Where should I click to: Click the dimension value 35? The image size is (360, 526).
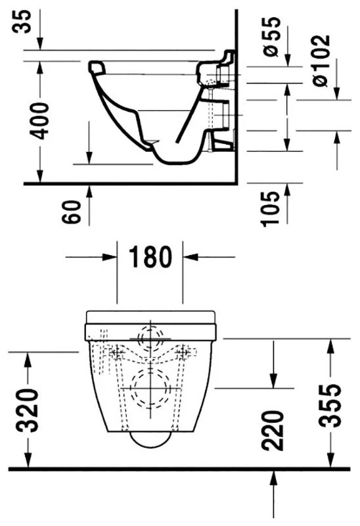[x=22, y=22]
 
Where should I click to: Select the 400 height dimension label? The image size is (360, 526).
[x=39, y=121]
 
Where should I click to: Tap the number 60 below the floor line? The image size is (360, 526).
[x=72, y=212]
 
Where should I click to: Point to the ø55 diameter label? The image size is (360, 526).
[x=271, y=37]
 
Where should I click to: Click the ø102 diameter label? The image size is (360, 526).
[x=321, y=60]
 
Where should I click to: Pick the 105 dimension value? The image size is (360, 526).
[x=271, y=209]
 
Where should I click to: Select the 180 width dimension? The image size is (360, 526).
[x=150, y=257]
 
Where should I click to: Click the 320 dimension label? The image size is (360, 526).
[x=28, y=410]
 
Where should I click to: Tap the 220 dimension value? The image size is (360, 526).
[x=272, y=431]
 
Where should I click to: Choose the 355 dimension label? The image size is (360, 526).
[x=330, y=406]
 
